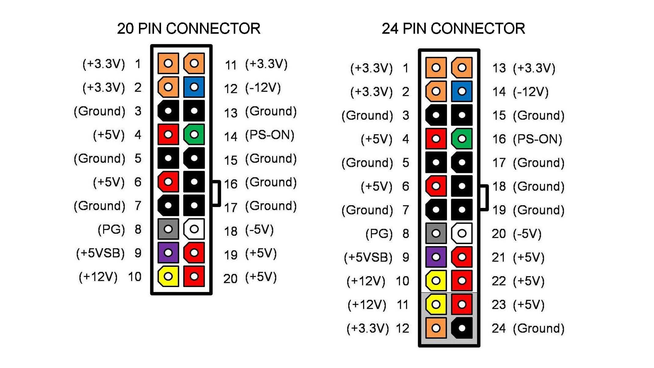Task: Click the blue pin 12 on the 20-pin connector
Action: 194,87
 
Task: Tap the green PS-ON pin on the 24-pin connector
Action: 462,139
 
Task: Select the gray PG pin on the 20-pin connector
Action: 168,229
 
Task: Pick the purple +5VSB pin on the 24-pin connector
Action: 436,257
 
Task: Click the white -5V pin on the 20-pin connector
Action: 194,229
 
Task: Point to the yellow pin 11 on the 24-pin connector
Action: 436,304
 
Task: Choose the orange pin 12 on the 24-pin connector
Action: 436,328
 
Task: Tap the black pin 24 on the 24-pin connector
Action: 462,328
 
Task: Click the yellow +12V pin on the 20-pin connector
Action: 168,276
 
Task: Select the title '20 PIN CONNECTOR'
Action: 189,29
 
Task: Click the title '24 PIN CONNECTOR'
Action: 453,29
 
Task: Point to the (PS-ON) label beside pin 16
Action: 537,139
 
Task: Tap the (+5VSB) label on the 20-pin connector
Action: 100,253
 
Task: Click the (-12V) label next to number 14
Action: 531,92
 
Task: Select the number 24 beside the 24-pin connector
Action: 499,328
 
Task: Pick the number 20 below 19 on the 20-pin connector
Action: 230,279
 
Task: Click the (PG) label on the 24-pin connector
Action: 379,234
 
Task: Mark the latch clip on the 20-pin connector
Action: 217,193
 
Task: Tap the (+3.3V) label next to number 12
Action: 367,328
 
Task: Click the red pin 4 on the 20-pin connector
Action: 168,134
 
